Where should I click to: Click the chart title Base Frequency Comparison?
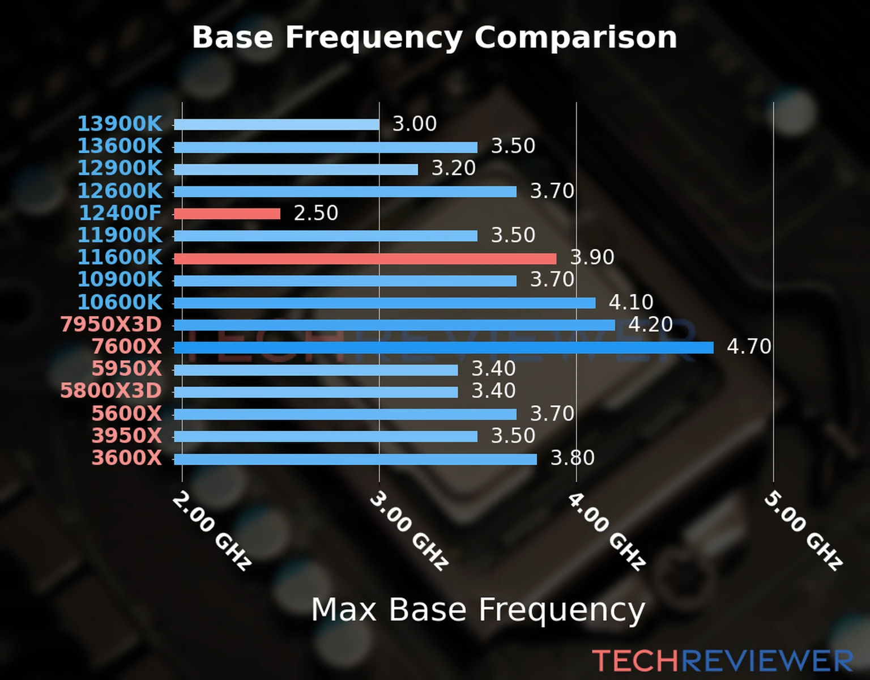click(434, 37)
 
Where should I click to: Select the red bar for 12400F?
click(227, 214)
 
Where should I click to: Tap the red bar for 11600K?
click(365, 258)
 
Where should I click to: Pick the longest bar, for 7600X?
click(443, 347)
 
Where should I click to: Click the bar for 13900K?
click(276, 125)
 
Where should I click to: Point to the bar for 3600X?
click(355, 459)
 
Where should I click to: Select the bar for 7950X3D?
click(394, 325)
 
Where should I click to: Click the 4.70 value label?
click(749, 346)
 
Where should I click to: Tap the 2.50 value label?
click(315, 213)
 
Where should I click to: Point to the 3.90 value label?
click(592, 257)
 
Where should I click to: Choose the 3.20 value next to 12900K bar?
click(453, 168)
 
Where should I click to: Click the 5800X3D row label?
click(111, 391)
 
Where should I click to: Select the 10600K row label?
click(120, 302)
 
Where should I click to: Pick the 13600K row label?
click(120, 146)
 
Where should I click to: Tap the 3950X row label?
click(126, 436)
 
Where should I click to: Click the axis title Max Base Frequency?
click(478, 610)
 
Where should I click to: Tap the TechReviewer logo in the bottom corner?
click(722, 661)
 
